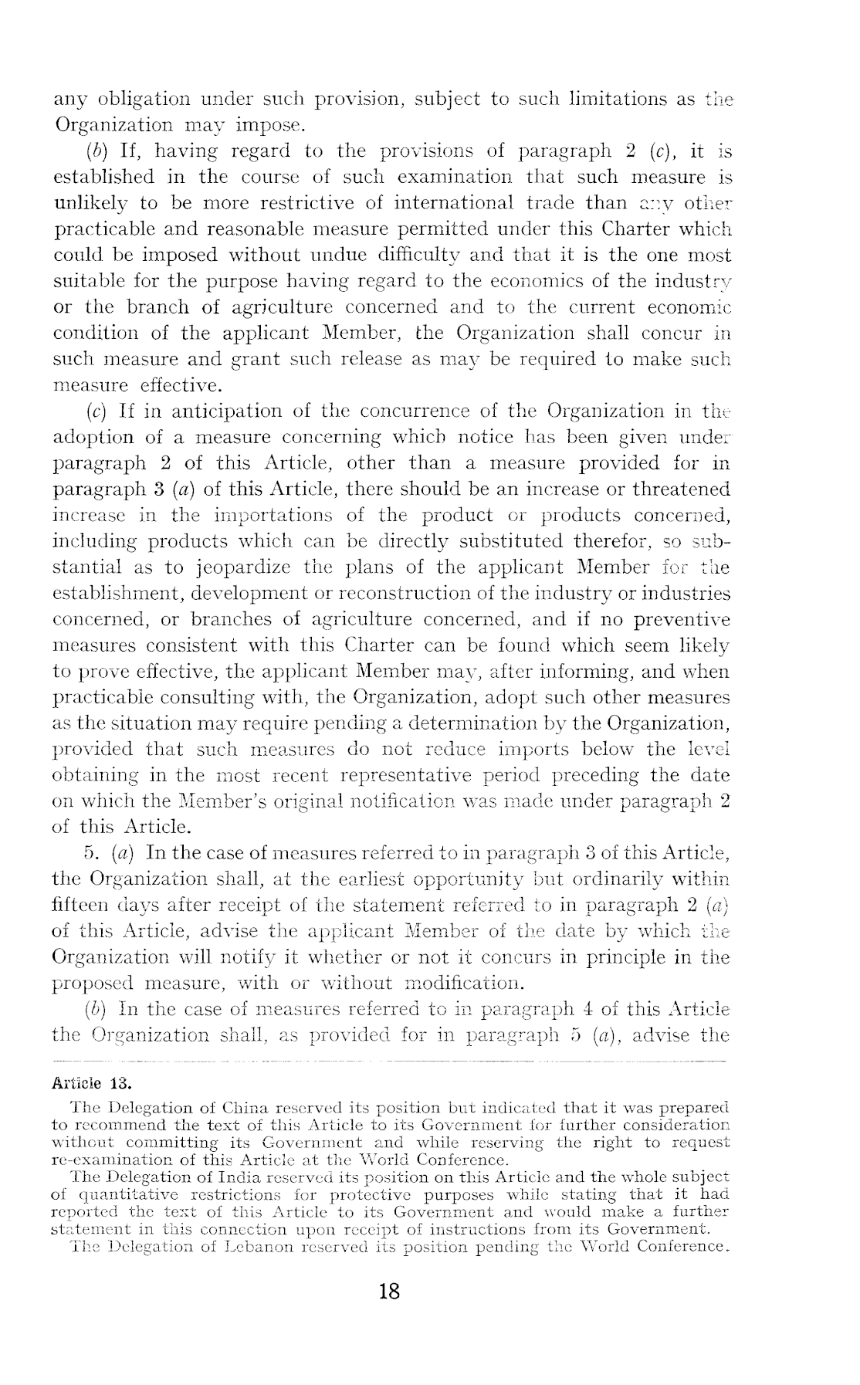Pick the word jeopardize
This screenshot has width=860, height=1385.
[x=243, y=567]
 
